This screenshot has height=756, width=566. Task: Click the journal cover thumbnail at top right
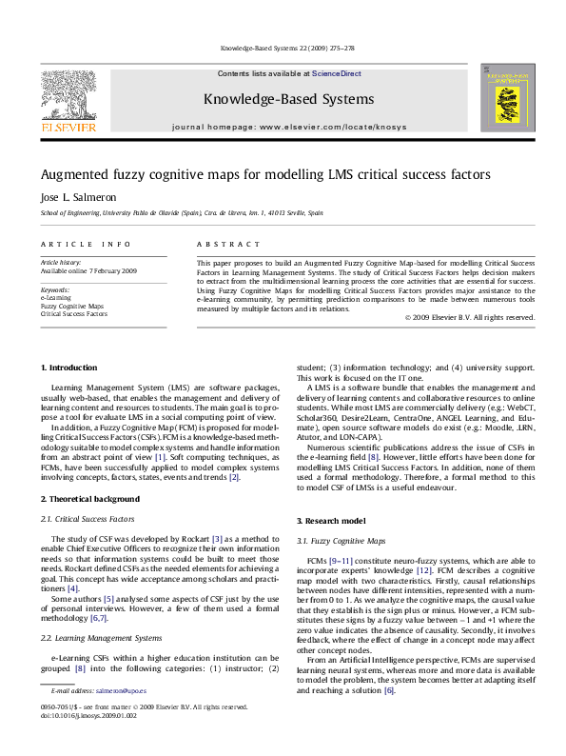click(x=499, y=97)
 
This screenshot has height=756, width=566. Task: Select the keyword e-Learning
click(x=55, y=297)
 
